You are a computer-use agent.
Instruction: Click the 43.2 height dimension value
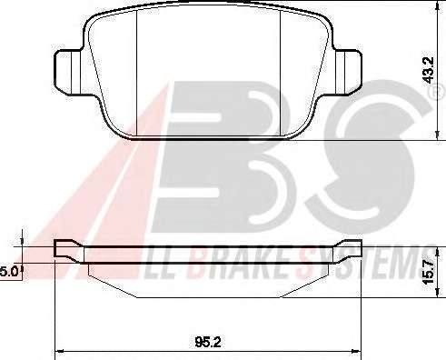tap(429, 70)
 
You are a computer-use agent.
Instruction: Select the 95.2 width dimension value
tap(208, 342)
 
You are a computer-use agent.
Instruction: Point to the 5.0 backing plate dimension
tap(9, 271)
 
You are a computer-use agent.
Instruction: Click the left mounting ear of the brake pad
tap(68, 72)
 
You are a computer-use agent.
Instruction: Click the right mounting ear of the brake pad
tap(348, 72)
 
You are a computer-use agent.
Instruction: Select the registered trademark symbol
tap(438, 92)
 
